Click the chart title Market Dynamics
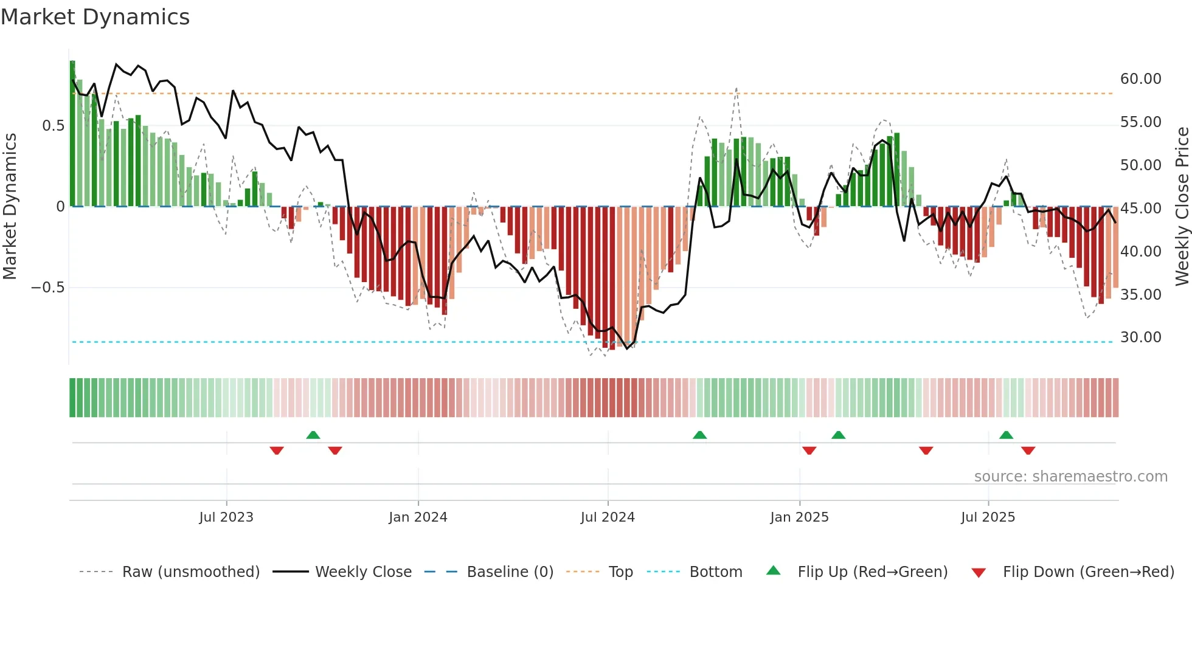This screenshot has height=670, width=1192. [x=95, y=17]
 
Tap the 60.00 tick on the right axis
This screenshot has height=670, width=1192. [x=1140, y=79]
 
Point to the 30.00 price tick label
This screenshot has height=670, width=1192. [x=1140, y=337]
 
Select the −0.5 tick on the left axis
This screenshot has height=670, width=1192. [x=48, y=288]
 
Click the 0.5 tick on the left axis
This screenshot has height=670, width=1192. [x=53, y=126]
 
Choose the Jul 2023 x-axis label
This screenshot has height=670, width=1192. [x=226, y=517]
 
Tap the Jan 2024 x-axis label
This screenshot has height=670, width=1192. [x=418, y=517]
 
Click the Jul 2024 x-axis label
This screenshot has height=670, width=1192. [x=608, y=517]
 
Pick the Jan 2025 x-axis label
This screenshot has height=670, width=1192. [x=799, y=517]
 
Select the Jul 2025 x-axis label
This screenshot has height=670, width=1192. [x=988, y=517]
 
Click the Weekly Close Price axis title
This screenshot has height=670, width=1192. [x=1182, y=207]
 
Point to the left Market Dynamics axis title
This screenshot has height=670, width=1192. [x=10, y=207]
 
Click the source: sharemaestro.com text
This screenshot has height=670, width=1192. [x=1070, y=477]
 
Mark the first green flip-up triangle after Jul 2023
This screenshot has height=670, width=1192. [x=313, y=435]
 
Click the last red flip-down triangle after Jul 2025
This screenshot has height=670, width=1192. [x=1028, y=451]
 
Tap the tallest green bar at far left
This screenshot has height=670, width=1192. [x=72, y=134]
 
